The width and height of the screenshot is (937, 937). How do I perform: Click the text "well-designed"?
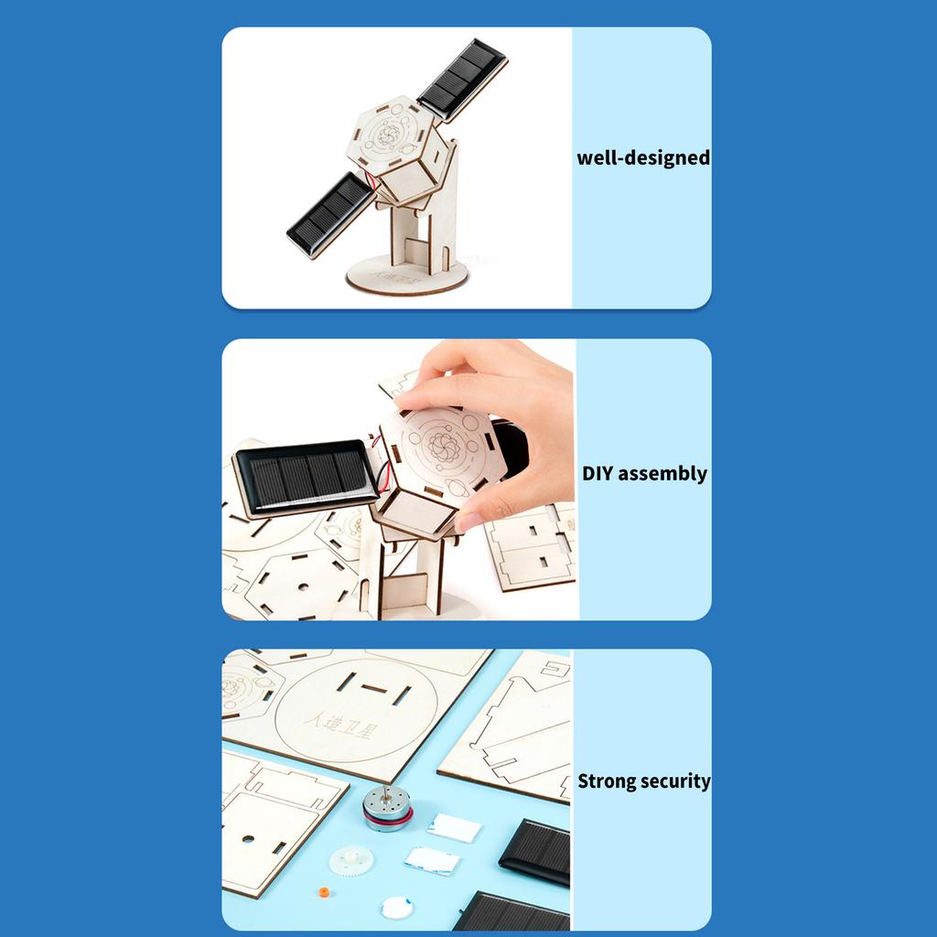[643, 157]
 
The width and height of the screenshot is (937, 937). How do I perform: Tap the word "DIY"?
[598, 473]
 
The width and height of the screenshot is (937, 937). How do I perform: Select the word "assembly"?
[662, 474]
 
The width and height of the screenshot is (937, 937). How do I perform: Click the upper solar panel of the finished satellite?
[462, 81]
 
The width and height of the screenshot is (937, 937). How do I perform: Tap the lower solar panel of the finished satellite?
[330, 214]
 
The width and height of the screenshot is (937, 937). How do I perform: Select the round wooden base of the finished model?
[407, 275]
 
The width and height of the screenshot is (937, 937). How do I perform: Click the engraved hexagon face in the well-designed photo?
[389, 135]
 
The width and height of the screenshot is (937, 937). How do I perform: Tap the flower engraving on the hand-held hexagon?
[444, 446]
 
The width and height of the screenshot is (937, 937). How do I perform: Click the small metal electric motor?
[387, 809]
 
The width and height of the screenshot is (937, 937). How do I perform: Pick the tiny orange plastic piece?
[324, 892]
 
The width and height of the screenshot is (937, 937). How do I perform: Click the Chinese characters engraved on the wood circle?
[339, 725]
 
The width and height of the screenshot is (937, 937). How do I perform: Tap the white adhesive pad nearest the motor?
[454, 827]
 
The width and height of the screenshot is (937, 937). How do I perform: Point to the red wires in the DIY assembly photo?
[382, 472]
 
